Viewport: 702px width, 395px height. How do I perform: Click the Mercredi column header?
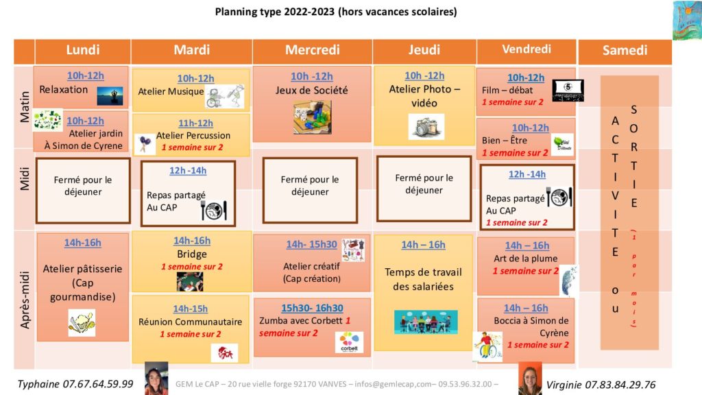point(312,50)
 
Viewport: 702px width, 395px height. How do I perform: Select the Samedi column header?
point(625,50)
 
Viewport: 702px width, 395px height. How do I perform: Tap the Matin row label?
point(25,107)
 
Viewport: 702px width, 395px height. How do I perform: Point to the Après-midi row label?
point(25,300)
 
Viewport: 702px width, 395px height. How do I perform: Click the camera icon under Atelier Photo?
point(426,126)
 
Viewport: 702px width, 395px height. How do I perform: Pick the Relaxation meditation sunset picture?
point(110,95)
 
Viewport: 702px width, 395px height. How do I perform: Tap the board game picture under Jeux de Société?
point(313,117)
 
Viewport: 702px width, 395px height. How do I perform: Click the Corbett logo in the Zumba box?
point(349,342)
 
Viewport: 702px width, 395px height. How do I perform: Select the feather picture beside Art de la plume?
point(569,281)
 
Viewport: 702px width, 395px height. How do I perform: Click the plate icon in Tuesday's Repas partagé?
point(214,210)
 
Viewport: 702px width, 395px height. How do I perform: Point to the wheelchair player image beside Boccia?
point(487,346)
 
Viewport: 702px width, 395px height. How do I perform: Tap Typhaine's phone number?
point(97,384)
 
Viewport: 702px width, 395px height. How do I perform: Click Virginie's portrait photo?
point(530,379)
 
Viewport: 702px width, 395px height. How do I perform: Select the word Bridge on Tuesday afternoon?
point(192,254)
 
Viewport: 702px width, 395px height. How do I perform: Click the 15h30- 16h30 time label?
point(312,308)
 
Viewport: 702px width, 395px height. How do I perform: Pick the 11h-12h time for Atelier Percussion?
point(195,123)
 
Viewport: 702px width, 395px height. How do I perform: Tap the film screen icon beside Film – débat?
point(568,90)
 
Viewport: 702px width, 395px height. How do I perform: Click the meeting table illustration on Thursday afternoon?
point(426,322)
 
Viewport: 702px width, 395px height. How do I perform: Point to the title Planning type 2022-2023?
point(274,12)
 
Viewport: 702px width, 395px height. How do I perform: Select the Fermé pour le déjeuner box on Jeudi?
point(424,189)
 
